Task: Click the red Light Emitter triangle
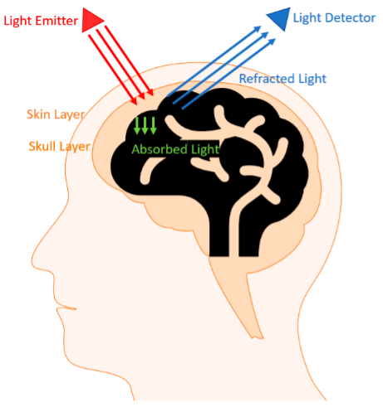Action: [91, 20]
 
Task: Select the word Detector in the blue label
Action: [350, 18]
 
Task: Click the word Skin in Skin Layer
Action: [38, 114]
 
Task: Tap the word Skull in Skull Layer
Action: [42, 146]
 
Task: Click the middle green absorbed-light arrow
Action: [145, 126]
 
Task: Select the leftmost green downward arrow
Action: [137, 126]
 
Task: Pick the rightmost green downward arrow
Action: [153, 126]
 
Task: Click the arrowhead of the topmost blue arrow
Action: [258, 28]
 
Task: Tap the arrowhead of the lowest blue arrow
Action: [273, 41]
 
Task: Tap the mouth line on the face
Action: [66, 308]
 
